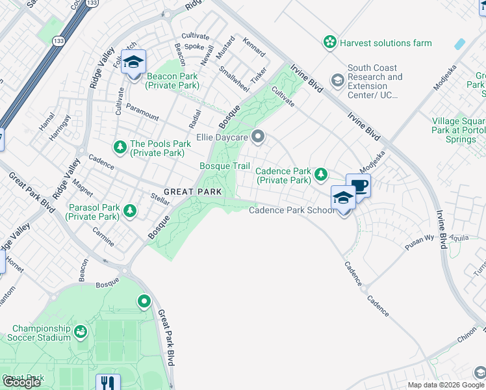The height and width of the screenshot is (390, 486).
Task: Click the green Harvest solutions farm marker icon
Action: [331, 43]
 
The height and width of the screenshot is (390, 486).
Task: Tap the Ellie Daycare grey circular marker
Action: [258, 136]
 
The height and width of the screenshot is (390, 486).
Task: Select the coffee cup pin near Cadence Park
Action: [358, 185]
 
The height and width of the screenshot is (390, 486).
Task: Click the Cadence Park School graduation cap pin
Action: [342, 198]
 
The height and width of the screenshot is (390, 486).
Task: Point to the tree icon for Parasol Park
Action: [130, 211]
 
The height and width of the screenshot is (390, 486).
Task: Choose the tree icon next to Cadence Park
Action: [320, 174]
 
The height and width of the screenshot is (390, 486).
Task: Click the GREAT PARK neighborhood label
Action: [193, 192]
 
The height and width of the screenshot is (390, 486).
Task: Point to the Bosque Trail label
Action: [224, 166]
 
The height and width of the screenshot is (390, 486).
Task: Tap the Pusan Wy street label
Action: [419, 239]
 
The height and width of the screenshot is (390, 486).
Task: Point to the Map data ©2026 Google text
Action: [446, 385]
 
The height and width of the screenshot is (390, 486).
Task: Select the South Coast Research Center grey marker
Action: [337, 80]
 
